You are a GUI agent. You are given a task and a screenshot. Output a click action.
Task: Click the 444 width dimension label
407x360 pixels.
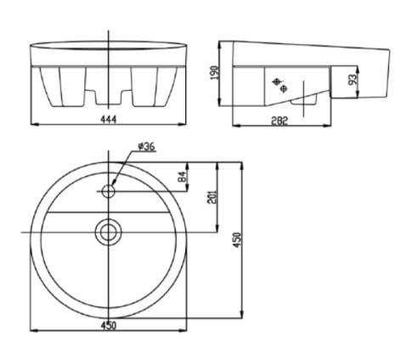(x=109, y=121)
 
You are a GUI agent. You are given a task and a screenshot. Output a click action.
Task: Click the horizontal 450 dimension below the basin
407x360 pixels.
(x=109, y=324)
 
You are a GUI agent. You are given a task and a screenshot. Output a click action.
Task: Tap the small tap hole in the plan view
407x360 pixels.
(x=109, y=189)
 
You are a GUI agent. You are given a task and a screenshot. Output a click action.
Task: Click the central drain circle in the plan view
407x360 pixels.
(x=109, y=230)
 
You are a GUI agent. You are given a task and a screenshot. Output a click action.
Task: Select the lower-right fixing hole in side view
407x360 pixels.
(x=285, y=87)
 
